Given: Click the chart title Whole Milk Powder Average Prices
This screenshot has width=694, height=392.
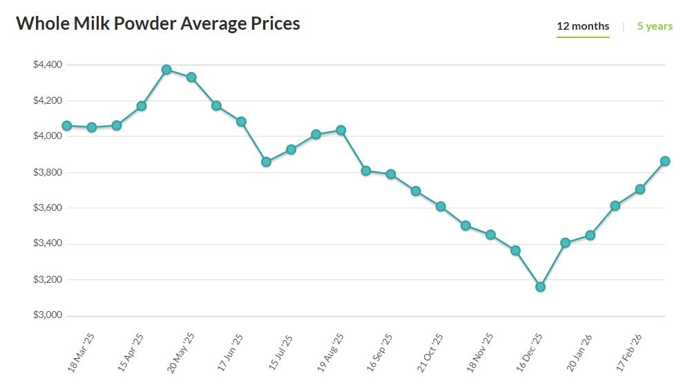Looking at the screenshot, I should (158, 24).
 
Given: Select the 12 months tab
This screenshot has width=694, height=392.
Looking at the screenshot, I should (583, 26).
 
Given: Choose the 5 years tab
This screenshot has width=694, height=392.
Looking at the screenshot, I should (655, 26).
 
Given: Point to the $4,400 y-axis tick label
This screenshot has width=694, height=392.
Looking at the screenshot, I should (48, 65).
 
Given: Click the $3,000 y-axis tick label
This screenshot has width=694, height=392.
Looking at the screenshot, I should (48, 315).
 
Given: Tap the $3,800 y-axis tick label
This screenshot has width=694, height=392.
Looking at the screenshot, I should (48, 172).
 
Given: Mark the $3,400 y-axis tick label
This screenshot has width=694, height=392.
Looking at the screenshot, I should (48, 243).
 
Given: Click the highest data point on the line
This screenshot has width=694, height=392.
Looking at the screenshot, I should (166, 70).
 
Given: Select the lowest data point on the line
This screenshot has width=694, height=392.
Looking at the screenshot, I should (540, 286).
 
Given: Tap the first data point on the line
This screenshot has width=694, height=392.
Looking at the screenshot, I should (67, 126).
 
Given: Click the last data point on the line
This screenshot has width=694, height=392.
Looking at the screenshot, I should (665, 161).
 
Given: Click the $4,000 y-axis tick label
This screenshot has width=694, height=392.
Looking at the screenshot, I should (48, 136).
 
